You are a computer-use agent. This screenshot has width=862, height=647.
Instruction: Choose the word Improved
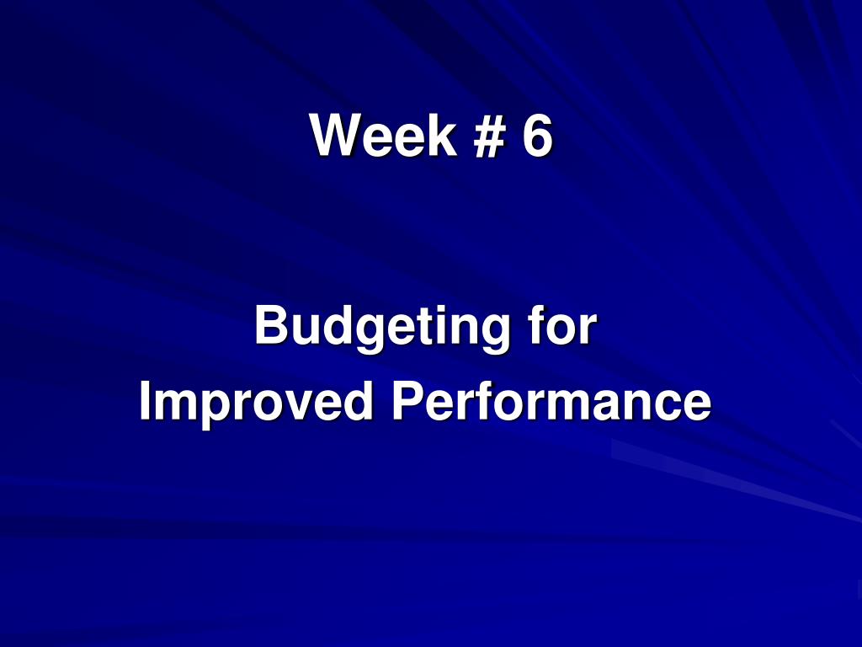[x=256, y=403]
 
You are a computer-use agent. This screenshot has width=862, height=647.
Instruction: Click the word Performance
[x=551, y=401]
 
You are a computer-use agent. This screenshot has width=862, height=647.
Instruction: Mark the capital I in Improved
[x=145, y=401]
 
